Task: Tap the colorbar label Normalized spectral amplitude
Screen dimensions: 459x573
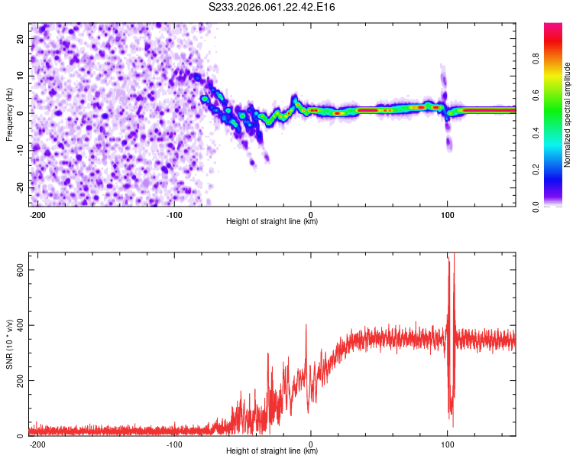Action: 568,115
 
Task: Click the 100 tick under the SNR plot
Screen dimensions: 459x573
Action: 447,444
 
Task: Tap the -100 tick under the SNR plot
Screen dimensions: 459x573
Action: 174,444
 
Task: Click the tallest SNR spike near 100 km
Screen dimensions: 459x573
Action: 454,254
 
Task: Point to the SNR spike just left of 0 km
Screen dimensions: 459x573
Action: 306,325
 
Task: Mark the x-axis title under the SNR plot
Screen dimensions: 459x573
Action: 272,451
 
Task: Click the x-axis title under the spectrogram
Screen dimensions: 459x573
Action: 272,222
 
